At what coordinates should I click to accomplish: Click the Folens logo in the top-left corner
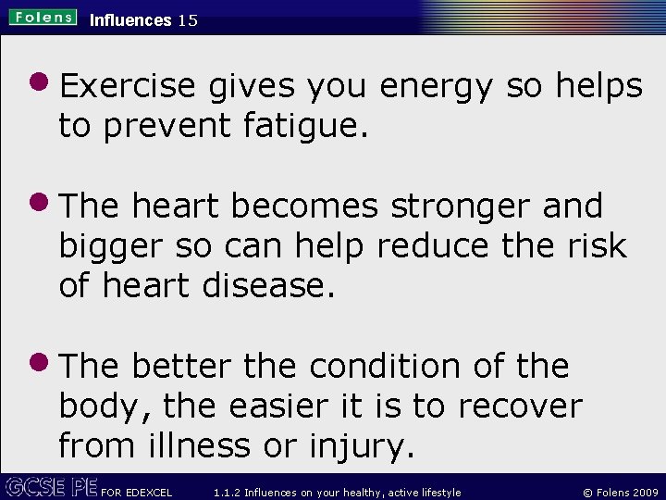click(x=43, y=18)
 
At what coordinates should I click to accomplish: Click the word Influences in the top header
click(x=130, y=19)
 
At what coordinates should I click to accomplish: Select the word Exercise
click(x=128, y=86)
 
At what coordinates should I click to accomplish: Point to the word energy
click(x=438, y=87)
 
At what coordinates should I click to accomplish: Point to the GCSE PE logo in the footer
click(x=51, y=487)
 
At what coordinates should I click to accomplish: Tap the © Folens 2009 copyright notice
click(x=615, y=493)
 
